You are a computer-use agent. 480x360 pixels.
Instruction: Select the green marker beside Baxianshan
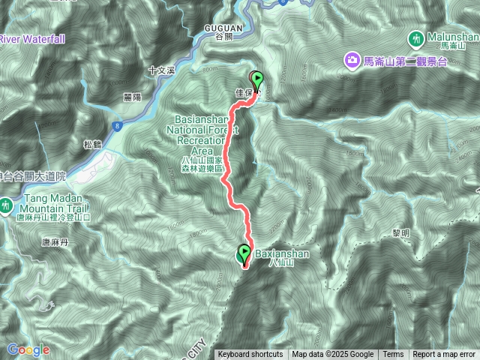[x=244, y=255]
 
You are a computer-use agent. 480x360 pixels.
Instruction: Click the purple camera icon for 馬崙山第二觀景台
[x=350, y=59]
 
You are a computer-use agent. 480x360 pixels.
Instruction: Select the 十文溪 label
[x=161, y=70]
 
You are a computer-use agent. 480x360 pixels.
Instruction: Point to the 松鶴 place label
[x=91, y=144]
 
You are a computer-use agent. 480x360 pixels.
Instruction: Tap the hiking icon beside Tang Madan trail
[x=6, y=204]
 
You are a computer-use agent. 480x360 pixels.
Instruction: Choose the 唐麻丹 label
[x=54, y=242]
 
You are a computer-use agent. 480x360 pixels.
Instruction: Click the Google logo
[x=28, y=349]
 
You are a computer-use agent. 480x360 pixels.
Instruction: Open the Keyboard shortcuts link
[x=250, y=355]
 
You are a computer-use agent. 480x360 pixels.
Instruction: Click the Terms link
[x=393, y=355]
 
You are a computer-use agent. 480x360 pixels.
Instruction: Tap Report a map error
[x=444, y=355]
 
